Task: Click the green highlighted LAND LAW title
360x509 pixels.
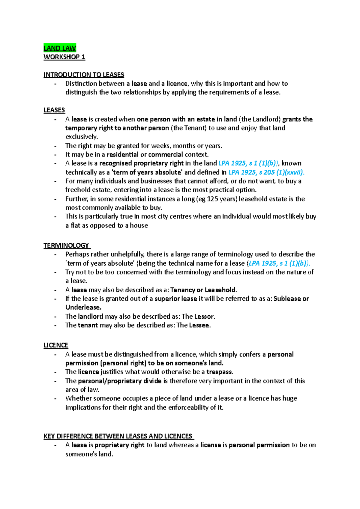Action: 60,48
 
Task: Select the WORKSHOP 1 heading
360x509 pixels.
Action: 64,57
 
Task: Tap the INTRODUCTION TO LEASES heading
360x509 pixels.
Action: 84,75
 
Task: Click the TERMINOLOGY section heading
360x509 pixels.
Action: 66,246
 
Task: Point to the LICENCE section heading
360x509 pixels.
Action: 56,345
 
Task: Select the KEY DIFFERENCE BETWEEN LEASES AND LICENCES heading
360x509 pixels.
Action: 118,436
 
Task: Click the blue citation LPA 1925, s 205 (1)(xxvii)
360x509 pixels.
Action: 266,172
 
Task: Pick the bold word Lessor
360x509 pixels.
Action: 204,317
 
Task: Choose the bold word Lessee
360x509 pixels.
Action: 199,325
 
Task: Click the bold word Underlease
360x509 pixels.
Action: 83,308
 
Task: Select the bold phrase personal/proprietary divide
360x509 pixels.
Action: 120,381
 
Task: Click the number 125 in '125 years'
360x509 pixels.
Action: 212,199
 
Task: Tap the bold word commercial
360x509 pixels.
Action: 165,155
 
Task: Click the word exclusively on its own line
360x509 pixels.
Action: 81,137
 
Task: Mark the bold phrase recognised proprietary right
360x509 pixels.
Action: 141,163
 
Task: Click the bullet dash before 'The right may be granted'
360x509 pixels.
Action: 55,146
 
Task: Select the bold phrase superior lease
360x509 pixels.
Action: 175,299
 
